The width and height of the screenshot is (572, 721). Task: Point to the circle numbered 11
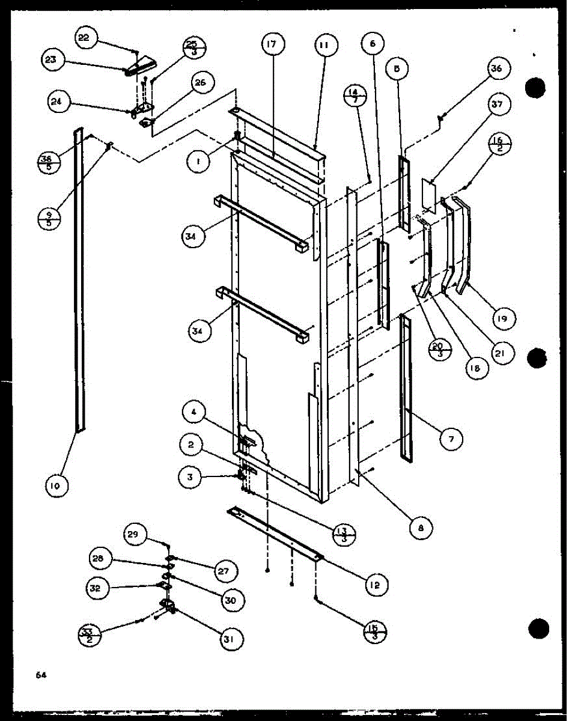tap(324, 45)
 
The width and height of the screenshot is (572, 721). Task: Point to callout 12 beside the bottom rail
tap(376, 585)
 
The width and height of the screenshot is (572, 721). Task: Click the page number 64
tap(41, 675)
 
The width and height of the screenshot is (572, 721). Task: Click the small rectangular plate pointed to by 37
tap(427, 193)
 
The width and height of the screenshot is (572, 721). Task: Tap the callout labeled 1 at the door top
tap(196, 162)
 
